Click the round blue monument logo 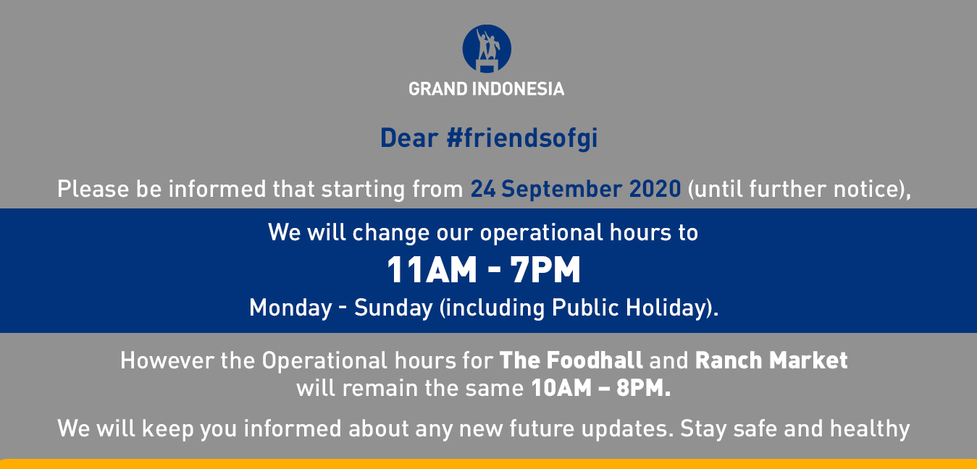[x=487, y=48]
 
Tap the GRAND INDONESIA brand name [x=486, y=89]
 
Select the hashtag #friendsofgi [x=522, y=138]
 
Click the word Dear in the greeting [x=408, y=138]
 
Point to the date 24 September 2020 [x=576, y=189]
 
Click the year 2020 [x=655, y=189]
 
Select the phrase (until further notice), [x=800, y=190]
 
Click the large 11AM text [x=432, y=270]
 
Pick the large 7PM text [x=545, y=270]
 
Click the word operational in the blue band [x=541, y=233]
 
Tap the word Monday [x=290, y=308]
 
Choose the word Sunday [x=393, y=308]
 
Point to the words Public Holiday [x=629, y=308]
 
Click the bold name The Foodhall [x=571, y=360]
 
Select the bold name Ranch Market [x=771, y=360]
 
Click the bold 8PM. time [x=643, y=388]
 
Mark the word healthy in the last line [x=870, y=429]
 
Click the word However [x=167, y=361]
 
